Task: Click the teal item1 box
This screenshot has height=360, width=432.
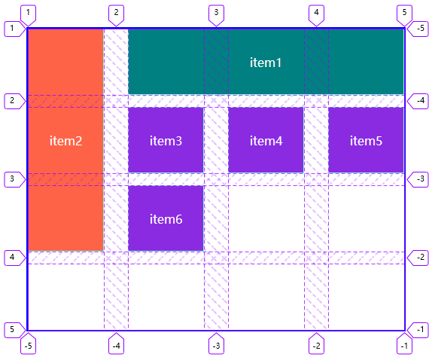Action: (x=266, y=62)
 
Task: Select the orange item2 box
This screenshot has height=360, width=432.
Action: (x=65, y=140)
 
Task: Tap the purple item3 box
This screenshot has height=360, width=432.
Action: (x=166, y=140)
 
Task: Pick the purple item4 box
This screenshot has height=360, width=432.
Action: (x=266, y=140)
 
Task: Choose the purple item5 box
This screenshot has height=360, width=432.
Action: (x=366, y=140)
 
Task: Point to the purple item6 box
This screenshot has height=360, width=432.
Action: (x=166, y=218)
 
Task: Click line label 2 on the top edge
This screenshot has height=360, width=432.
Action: (x=116, y=13)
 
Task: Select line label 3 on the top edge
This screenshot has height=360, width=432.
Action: (x=216, y=13)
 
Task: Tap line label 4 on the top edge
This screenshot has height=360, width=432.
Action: (x=316, y=13)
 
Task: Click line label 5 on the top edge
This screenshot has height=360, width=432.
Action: (x=404, y=13)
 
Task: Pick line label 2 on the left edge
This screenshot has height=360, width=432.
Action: (x=12, y=101)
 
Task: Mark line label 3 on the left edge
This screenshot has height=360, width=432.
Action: (x=12, y=179)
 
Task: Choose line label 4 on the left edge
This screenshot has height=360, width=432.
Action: (x=12, y=258)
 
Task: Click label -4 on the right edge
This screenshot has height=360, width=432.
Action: (x=420, y=101)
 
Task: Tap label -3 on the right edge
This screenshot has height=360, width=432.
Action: (x=420, y=179)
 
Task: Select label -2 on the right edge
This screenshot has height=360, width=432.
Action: (x=420, y=258)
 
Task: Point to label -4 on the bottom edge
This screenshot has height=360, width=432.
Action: (x=116, y=346)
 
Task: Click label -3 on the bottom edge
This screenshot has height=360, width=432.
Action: (x=216, y=346)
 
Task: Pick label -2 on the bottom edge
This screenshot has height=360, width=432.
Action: (x=316, y=346)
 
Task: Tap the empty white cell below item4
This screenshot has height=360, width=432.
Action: (x=266, y=218)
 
